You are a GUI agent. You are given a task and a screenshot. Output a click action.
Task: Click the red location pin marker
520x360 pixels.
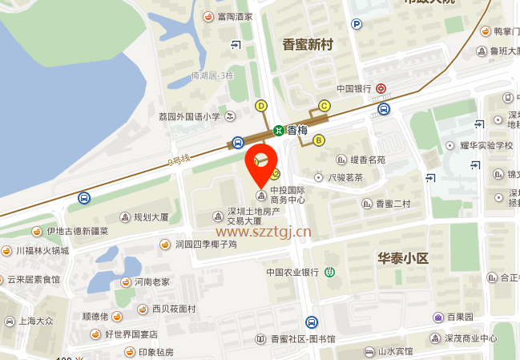click(260, 162)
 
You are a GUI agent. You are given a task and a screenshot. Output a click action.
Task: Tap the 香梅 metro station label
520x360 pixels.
click(297, 130)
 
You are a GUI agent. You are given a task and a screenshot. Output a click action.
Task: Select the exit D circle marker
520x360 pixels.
click(260, 105)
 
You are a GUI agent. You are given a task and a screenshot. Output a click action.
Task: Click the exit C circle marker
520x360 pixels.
click(324, 105)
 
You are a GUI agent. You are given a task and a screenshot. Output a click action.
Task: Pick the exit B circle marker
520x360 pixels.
click(319, 140)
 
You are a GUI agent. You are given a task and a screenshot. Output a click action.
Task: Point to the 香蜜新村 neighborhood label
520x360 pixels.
click(308, 45)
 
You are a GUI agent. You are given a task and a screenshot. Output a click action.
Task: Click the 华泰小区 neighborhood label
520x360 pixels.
click(404, 258)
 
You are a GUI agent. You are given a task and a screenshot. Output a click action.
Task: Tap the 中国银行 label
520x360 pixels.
click(353, 89)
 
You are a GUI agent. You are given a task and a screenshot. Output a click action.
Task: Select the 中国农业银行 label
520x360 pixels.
click(293, 272)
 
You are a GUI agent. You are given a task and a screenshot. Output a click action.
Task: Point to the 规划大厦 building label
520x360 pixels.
click(151, 216)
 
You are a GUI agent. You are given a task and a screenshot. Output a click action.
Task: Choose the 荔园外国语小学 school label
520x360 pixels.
click(189, 116)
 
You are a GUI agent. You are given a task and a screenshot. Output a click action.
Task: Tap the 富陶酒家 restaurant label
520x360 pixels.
click(233, 16)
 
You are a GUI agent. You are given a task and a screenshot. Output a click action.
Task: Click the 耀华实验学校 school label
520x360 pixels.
click(486, 145)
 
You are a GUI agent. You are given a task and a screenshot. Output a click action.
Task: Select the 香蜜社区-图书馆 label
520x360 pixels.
click(303, 339)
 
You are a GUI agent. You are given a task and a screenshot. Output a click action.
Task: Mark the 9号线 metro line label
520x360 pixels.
click(179, 160)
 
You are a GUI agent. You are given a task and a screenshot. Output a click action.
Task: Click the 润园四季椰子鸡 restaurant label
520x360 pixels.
click(205, 244)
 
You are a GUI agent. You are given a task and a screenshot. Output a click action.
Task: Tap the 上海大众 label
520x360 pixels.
click(35, 321)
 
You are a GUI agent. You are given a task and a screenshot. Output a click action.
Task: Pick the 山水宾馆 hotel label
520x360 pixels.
click(396, 351)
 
